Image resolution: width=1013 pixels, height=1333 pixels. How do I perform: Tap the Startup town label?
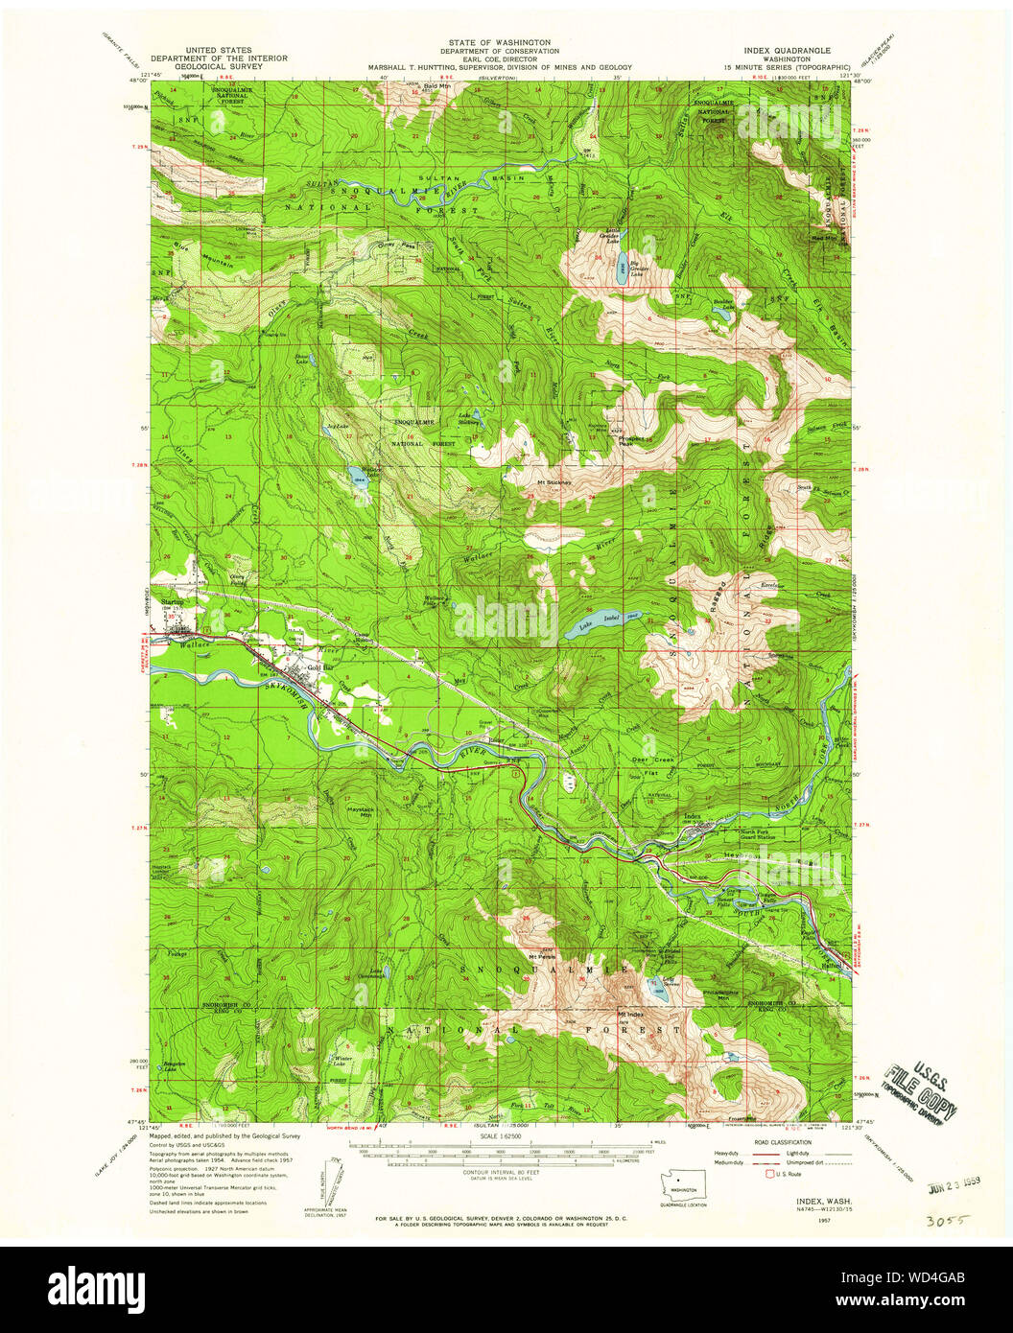point(173,601)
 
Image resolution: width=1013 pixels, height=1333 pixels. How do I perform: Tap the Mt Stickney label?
point(554,482)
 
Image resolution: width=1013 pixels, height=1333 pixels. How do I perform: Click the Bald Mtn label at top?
point(436,87)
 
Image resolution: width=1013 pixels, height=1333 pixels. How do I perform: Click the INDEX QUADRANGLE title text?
point(785,49)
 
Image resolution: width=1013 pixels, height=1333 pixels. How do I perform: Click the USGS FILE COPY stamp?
point(920,1093)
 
